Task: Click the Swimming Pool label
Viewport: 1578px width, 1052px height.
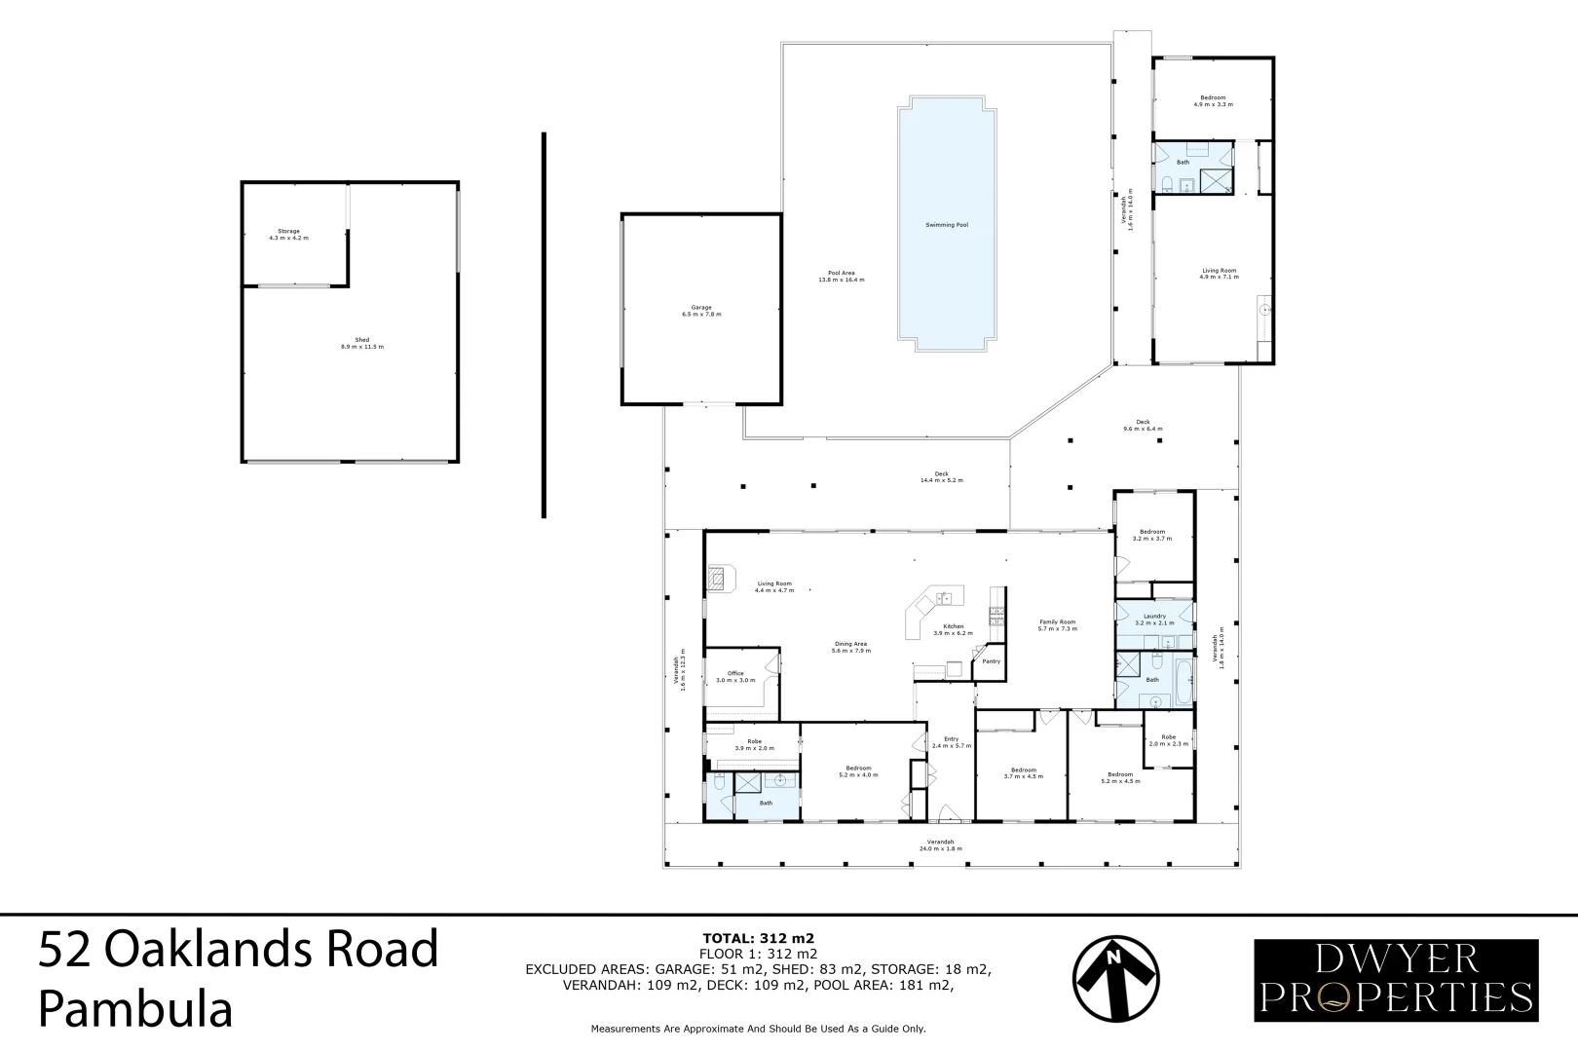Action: pyautogui.click(x=946, y=225)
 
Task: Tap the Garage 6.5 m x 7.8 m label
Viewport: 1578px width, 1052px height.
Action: pyautogui.click(x=700, y=311)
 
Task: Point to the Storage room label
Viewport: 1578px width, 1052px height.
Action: pyautogui.click(x=288, y=234)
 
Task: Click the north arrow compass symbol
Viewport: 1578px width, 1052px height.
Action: pyautogui.click(x=1115, y=978)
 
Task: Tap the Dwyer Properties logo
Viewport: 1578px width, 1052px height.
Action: pyautogui.click(x=1395, y=980)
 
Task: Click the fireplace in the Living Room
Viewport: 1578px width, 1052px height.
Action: pyautogui.click(x=717, y=579)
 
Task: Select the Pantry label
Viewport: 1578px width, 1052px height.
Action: pyautogui.click(x=991, y=661)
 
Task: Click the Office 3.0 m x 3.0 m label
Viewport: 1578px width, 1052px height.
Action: pyautogui.click(x=734, y=676)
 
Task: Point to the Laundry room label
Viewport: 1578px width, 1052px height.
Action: pyautogui.click(x=1154, y=619)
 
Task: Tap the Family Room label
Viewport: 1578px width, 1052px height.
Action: pyautogui.click(x=1057, y=624)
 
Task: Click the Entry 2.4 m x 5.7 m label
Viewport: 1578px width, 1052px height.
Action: pyautogui.click(x=951, y=742)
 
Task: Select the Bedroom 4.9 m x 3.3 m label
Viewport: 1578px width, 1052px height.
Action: pyautogui.click(x=1213, y=100)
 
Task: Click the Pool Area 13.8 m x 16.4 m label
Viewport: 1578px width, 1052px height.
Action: pyautogui.click(x=841, y=276)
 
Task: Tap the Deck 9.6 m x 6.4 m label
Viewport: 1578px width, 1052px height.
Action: pyautogui.click(x=1143, y=425)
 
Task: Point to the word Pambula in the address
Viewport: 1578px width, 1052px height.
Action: pyautogui.click(x=135, y=1009)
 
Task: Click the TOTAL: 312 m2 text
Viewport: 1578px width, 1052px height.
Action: pyautogui.click(x=758, y=939)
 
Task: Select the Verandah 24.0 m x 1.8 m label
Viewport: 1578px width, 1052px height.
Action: pyautogui.click(x=940, y=845)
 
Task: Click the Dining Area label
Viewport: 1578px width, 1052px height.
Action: pyautogui.click(x=849, y=647)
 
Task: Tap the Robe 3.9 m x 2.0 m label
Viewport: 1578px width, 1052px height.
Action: pyautogui.click(x=753, y=744)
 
